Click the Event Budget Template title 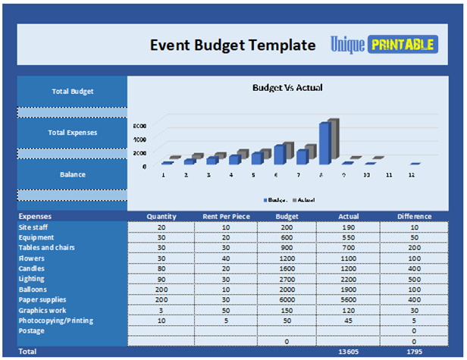232,45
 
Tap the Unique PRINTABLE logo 382,45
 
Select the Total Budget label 73,92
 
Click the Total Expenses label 73,133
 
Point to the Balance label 73,174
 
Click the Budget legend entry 274,199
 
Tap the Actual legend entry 303,199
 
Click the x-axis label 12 411,175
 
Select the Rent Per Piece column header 226,217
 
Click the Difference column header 414,217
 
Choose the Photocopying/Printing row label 55,321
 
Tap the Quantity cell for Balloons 161,289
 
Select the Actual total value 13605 349,352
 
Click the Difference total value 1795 414,352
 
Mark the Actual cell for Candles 349,268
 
